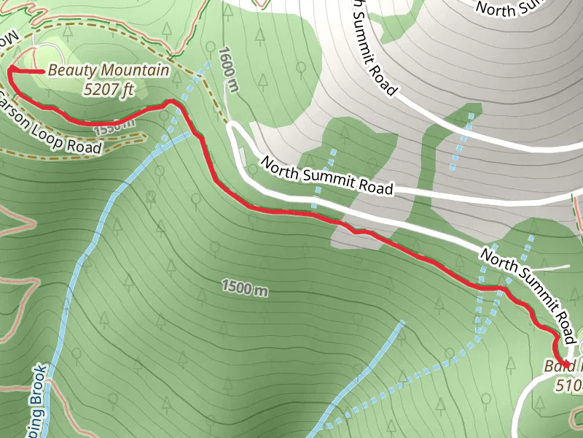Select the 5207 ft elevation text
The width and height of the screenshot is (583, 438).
[109, 90]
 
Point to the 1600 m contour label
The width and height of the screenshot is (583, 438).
[228, 70]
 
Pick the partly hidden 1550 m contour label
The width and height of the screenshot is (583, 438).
[115, 126]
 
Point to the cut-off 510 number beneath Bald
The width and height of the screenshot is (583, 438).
[568, 384]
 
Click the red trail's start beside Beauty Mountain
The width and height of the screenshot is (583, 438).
[12, 69]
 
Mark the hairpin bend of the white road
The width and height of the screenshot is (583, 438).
[232, 129]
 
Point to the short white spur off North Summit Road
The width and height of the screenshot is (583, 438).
[554, 268]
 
